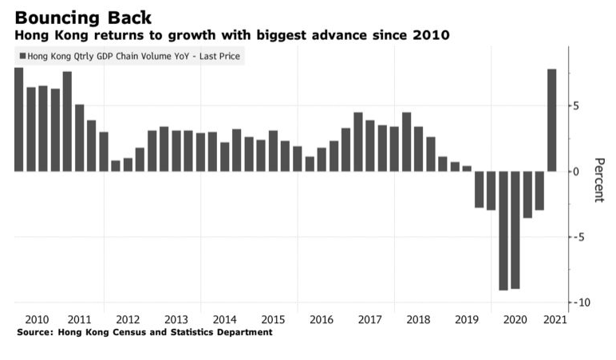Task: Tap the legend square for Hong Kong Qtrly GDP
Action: pos(22,56)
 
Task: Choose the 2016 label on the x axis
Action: pos(321,319)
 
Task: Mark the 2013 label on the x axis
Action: pos(176,319)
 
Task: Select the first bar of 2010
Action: pos(19,120)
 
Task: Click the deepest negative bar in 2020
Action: pos(503,231)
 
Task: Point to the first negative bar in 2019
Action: pos(480,189)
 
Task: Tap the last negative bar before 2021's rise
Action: pos(539,191)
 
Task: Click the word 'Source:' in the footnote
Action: pos(35,332)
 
